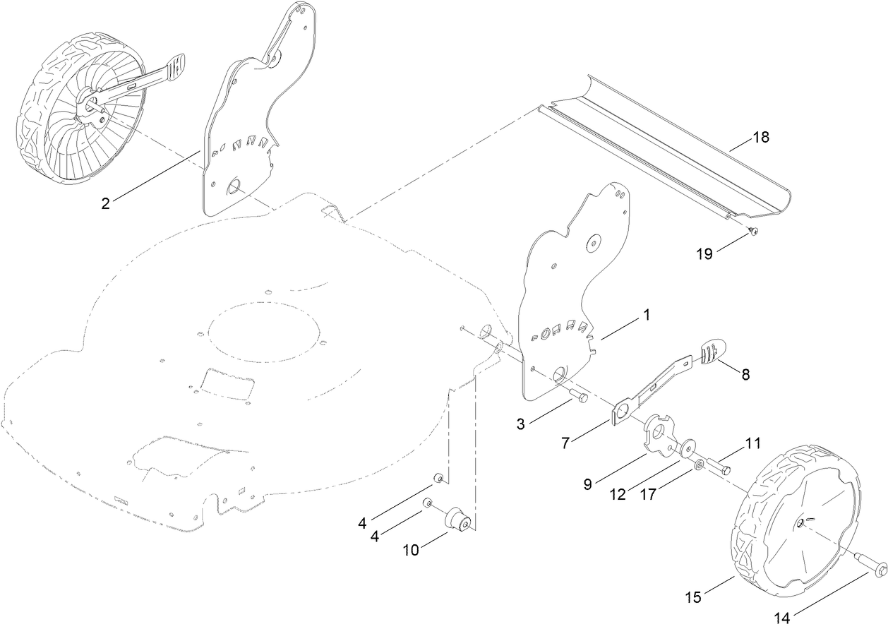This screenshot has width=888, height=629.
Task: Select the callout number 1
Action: pyautogui.click(x=645, y=316)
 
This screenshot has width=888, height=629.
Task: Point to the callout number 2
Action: pyautogui.click(x=105, y=203)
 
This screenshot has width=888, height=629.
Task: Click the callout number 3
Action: pyautogui.click(x=520, y=424)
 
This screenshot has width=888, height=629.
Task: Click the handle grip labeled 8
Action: pyautogui.click(x=711, y=351)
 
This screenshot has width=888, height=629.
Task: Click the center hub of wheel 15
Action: pyautogui.click(x=803, y=522)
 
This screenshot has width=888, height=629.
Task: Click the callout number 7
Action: pyautogui.click(x=565, y=443)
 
